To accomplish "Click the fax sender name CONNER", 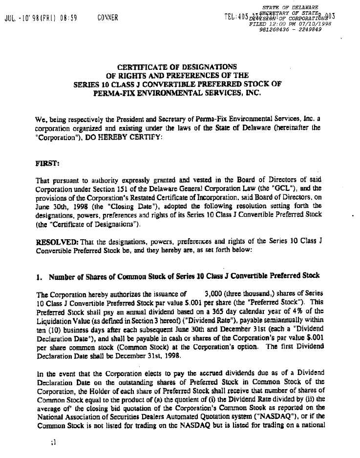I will pos(107,19).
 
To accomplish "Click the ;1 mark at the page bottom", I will pos(54,442).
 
